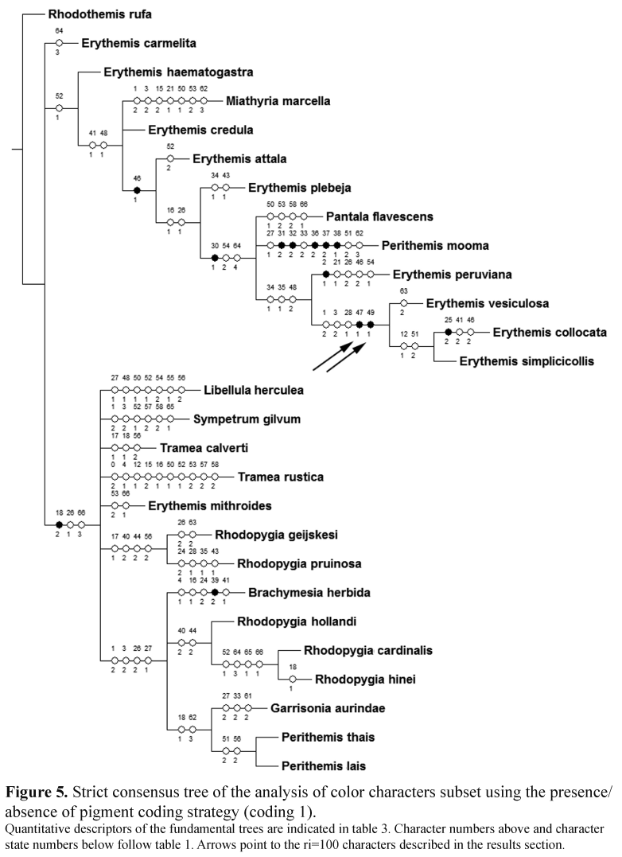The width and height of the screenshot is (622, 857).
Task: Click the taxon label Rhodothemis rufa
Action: click(x=99, y=14)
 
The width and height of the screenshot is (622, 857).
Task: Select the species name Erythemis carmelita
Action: click(x=138, y=43)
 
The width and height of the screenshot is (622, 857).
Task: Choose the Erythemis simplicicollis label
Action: click(x=527, y=361)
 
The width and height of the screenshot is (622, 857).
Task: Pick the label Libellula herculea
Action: click(x=254, y=390)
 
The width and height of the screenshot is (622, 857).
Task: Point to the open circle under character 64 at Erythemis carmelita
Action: click(x=59, y=43)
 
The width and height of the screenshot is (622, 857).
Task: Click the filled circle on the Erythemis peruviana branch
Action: click(x=326, y=275)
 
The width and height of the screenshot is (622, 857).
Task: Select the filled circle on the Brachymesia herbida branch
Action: click(x=216, y=593)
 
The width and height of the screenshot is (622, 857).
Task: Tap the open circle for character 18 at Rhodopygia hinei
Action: click(x=293, y=679)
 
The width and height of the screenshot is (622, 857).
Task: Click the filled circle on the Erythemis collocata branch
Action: click(x=449, y=332)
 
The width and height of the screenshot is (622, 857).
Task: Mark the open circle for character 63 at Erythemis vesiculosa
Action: click(x=404, y=303)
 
